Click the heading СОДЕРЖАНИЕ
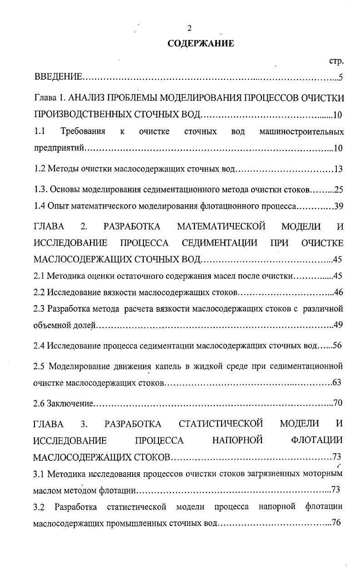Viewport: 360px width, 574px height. click(x=201, y=44)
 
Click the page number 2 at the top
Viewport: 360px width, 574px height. click(x=189, y=28)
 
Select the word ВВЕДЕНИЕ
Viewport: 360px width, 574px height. click(x=58, y=77)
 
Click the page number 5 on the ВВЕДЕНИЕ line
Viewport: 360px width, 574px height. click(x=340, y=77)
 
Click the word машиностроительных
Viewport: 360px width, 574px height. click(x=301, y=132)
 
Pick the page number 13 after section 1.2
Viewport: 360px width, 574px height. click(x=338, y=169)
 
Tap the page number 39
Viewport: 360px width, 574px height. click(x=338, y=207)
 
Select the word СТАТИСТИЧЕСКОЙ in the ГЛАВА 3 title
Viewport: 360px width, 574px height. click(x=221, y=424)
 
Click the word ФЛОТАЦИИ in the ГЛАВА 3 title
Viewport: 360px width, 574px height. click(x=317, y=440)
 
